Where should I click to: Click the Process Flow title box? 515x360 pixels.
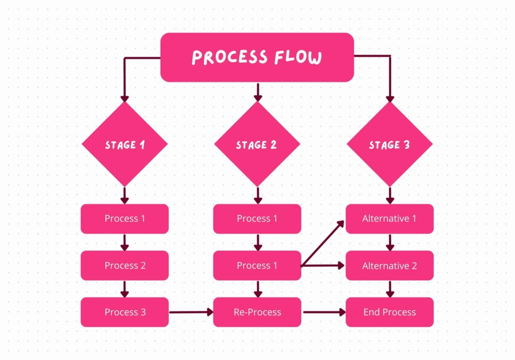[x=257, y=57]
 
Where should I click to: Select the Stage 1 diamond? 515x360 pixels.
[x=125, y=144]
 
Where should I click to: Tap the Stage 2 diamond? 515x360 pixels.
[x=257, y=144]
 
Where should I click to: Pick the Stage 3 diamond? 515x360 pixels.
[x=390, y=144]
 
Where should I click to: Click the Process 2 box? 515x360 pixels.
[x=125, y=265]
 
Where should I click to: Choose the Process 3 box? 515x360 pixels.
[x=125, y=312]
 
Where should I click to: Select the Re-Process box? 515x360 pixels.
[x=257, y=312]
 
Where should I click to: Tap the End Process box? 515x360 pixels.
[x=390, y=312]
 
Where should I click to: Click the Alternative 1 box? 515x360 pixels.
[x=390, y=218]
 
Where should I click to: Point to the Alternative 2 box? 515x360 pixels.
[x=390, y=265]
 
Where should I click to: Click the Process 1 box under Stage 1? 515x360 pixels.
[x=125, y=218]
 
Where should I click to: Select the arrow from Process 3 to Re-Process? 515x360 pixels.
[x=191, y=312]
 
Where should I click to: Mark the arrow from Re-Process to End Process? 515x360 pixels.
[x=324, y=312]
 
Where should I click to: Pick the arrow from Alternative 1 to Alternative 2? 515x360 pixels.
[x=390, y=242]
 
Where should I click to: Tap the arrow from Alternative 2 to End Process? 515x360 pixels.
[x=390, y=289]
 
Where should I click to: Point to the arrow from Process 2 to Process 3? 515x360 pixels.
[x=125, y=289]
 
